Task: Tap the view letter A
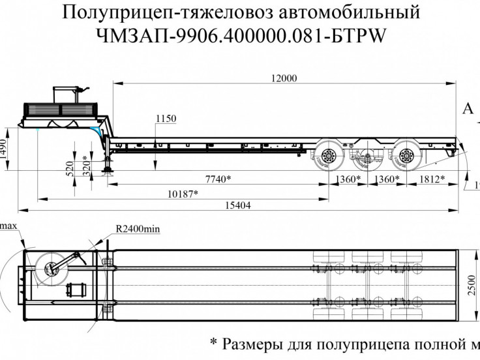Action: tap(467, 108)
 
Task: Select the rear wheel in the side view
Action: tap(406, 156)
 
